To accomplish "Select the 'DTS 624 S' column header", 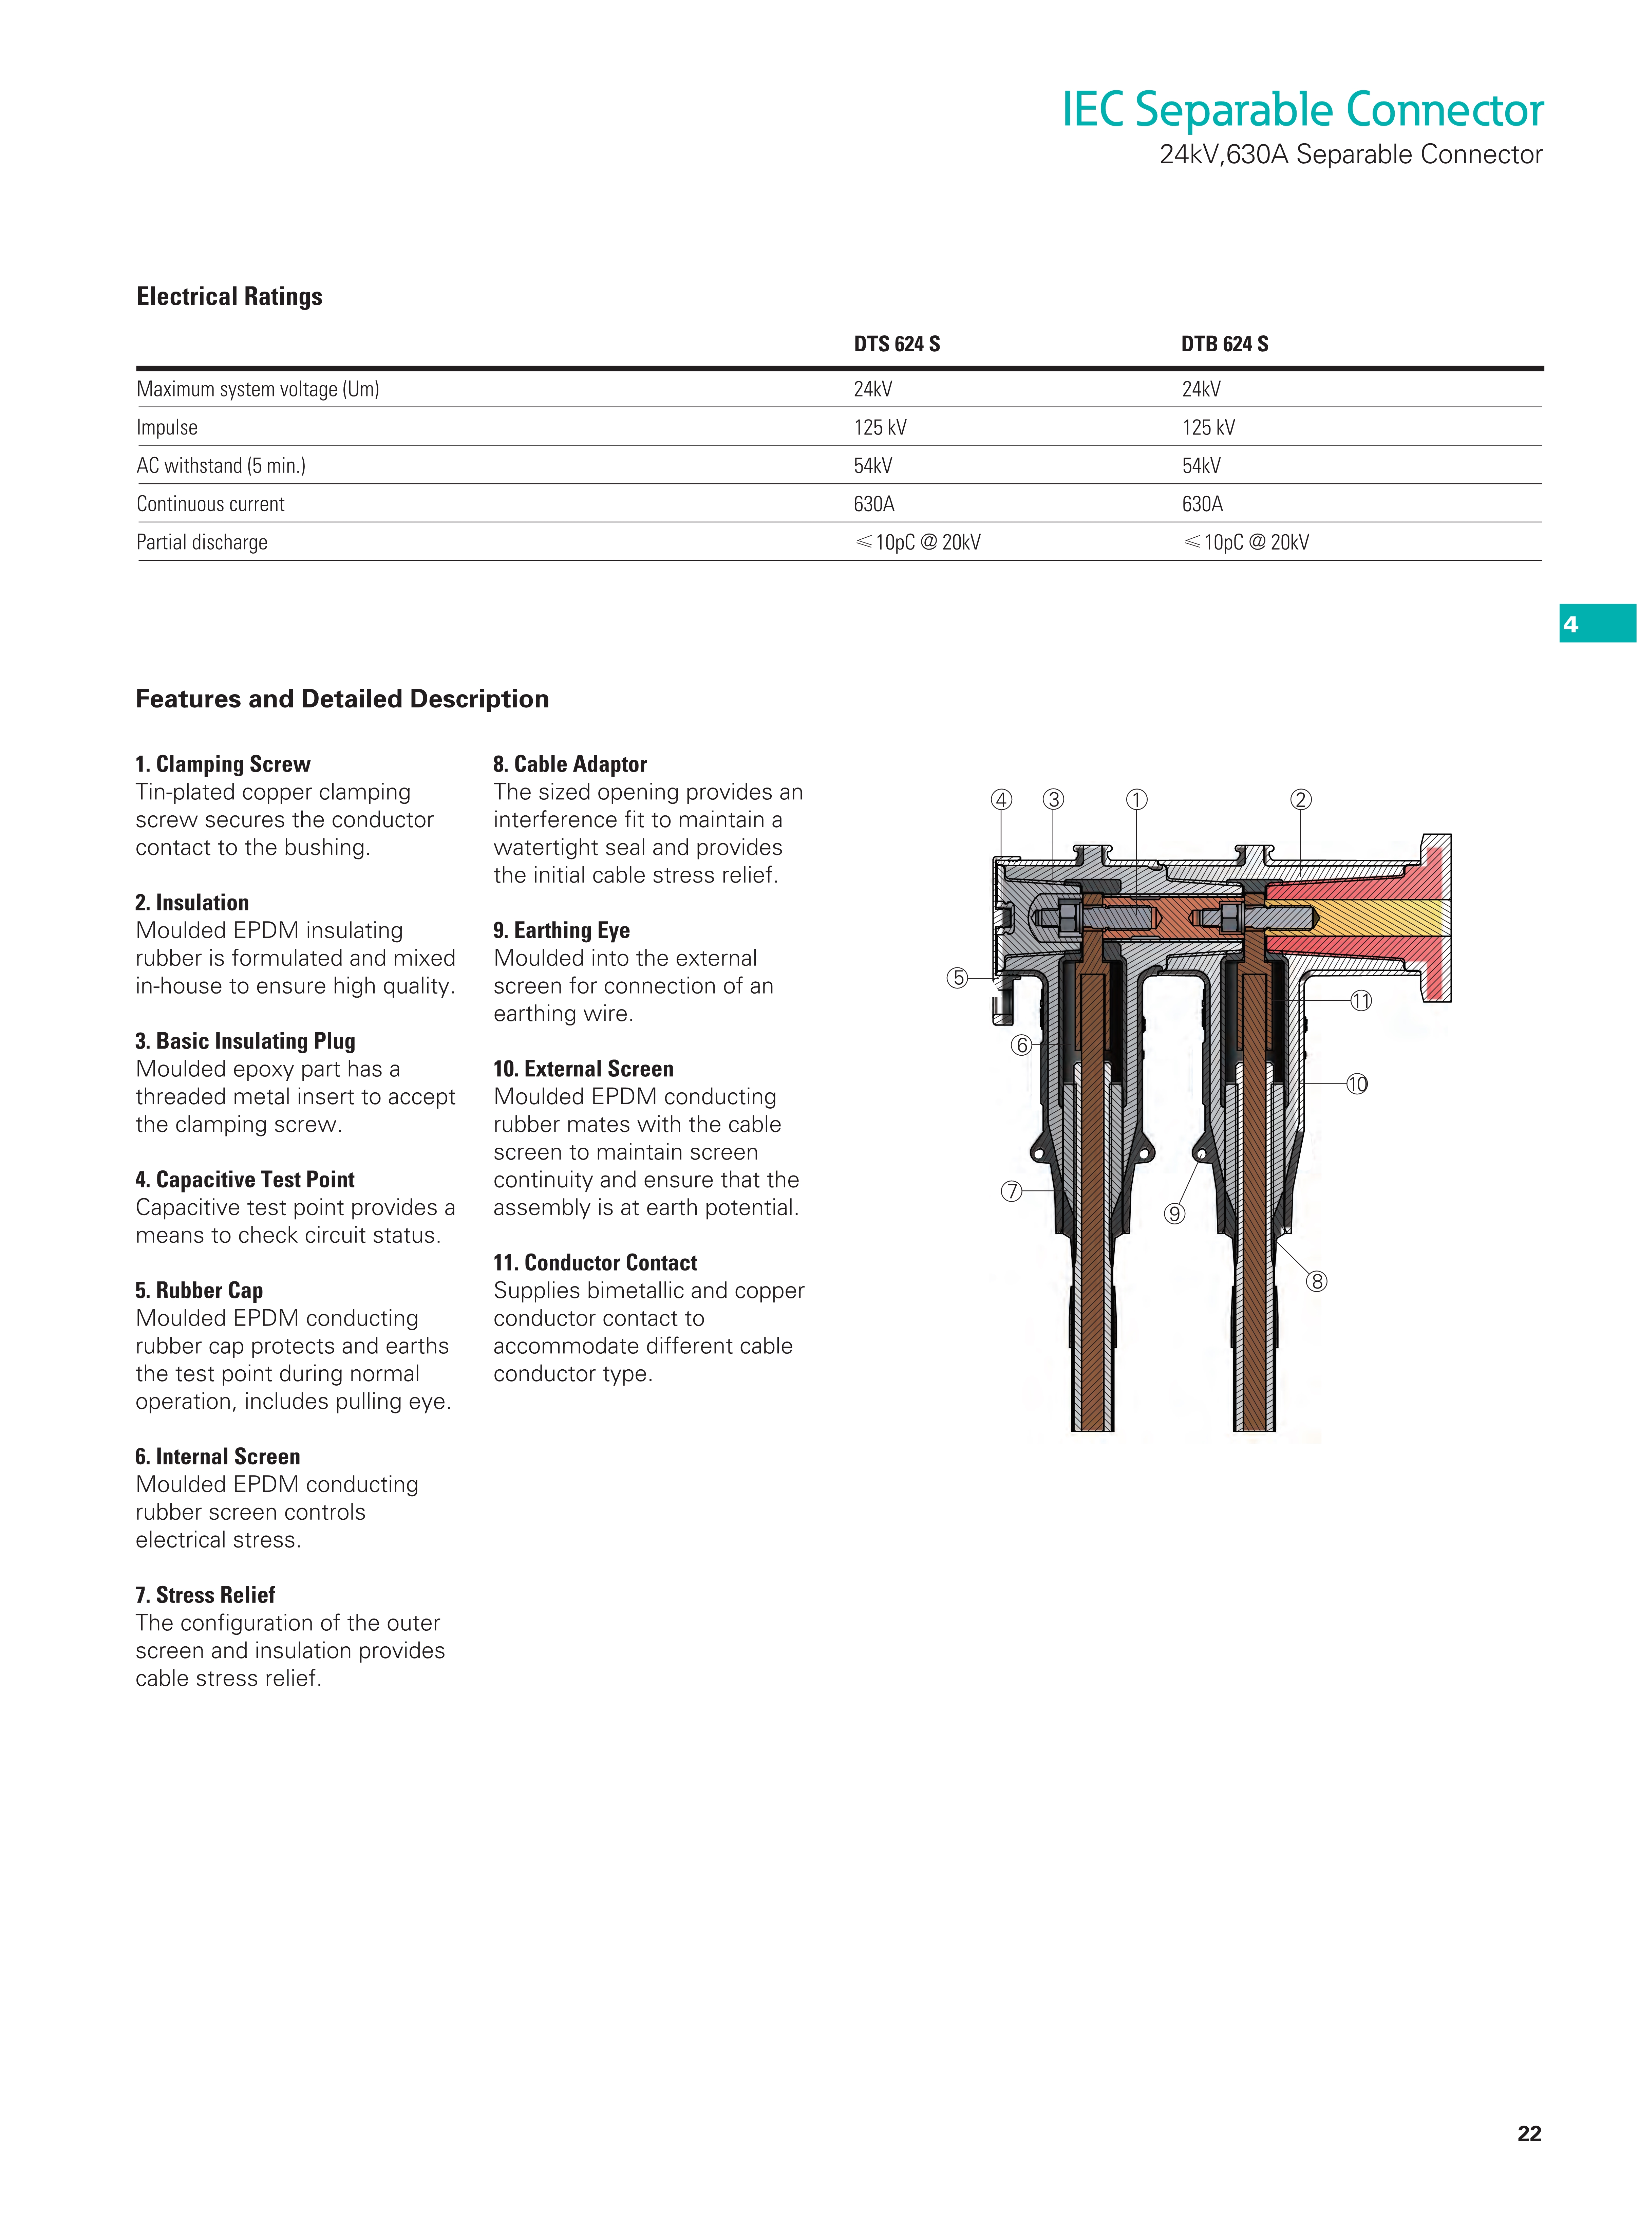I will pos(897,345).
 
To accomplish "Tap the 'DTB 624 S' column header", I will pos(1224,345).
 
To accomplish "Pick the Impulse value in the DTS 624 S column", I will pos(880,428).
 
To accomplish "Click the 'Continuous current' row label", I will pos(210,504).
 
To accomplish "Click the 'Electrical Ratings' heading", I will pos(229,297).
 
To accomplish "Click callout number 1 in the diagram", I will pos(1137,800).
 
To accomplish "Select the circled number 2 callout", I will pos(1301,800).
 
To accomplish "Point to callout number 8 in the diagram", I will pos(1317,1281).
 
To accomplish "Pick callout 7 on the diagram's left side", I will pos(1011,1191).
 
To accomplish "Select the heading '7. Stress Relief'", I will pos(205,1595).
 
